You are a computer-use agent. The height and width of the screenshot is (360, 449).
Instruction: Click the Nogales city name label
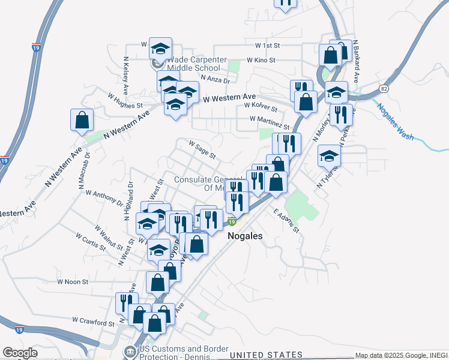point(245,236)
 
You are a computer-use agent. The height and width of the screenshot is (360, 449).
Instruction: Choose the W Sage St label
point(202,149)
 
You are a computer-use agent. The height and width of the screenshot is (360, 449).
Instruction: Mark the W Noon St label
point(73,281)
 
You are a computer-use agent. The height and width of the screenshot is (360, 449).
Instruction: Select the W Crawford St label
point(93,322)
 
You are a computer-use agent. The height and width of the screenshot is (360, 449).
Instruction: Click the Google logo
point(19,353)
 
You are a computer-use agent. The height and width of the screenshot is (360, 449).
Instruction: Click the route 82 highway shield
point(384,88)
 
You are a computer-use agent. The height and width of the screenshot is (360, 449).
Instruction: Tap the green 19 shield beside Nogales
point(232,221)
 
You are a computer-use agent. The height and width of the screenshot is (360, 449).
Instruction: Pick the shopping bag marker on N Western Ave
point(82,120)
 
